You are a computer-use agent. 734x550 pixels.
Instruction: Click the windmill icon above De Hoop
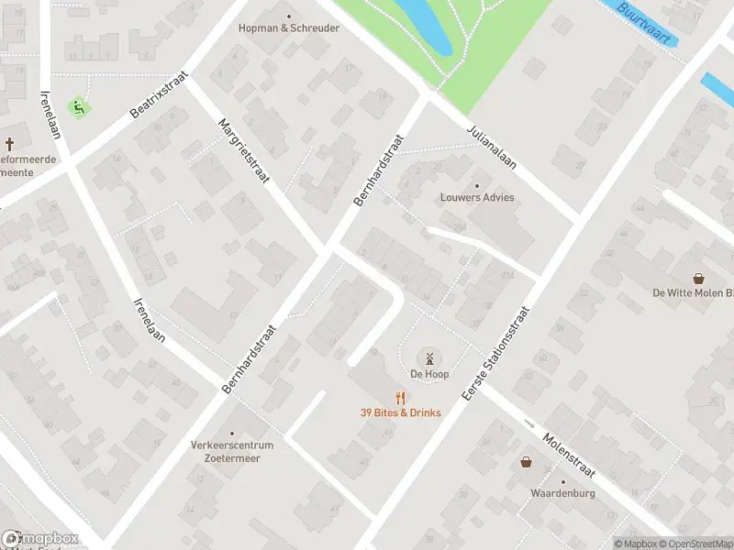428,357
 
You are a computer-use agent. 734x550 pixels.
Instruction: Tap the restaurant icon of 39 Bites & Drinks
400,398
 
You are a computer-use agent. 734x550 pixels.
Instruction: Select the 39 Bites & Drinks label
400,412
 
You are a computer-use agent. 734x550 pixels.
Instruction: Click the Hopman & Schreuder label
289,28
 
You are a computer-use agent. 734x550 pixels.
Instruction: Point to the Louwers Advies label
476,197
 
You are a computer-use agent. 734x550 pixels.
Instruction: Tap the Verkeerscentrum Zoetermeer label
232,451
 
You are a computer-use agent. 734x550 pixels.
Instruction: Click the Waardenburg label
562,493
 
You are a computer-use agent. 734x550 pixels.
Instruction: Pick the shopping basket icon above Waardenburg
527,462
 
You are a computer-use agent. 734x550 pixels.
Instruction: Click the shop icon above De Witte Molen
699,277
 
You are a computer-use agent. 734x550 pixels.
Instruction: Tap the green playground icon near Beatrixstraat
79,107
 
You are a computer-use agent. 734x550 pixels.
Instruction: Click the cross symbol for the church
10,144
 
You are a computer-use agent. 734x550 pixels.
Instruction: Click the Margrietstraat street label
243,150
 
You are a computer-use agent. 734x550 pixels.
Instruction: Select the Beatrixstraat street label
158,95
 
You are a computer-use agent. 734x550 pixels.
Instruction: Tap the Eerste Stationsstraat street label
496,353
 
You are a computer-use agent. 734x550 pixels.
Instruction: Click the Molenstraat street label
570,456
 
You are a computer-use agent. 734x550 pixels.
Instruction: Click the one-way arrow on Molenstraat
529,423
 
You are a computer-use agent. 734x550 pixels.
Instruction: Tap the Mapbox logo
40,539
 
